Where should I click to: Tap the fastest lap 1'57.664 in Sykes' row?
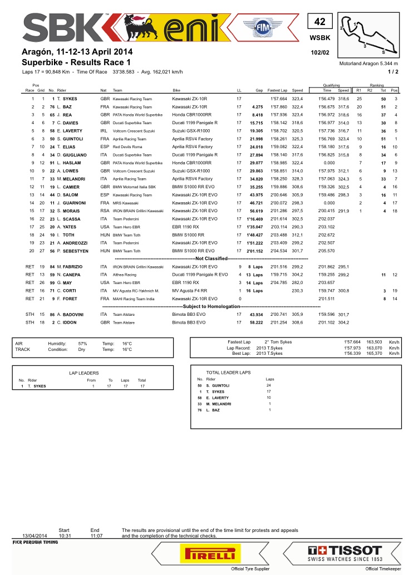pos(277,99)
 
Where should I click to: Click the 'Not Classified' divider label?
pos(211,259)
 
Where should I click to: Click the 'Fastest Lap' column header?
pos(277,90)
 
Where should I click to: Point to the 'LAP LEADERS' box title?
pos(84,373)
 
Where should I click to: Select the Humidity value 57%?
pos(82,343)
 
